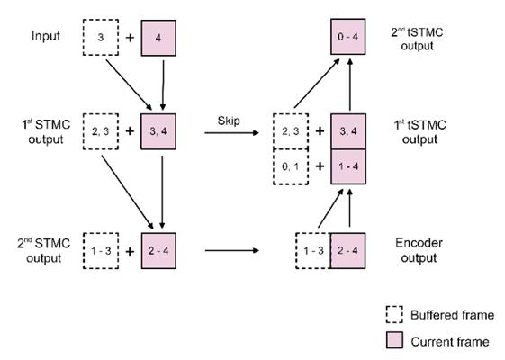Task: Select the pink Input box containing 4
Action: tap(158, 38)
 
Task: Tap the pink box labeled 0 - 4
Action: tap(348, 36)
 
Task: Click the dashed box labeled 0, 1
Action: tap(291, 166)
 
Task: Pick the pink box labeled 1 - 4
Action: tap(348, 166)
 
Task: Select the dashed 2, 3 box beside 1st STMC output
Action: tap(101, 131)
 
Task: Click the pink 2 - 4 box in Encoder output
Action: tap(347, 250)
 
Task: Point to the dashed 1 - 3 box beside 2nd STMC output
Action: tap(101, 251)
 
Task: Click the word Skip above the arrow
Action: tap(229, 121)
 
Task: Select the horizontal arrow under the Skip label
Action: tap(231, 132)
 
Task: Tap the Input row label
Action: tap(46, 36)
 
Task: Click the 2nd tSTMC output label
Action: tap(417, 39)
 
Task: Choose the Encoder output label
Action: tap(419, 250)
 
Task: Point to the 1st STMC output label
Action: tap(46, 132)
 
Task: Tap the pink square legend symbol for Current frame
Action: tap(394, 340)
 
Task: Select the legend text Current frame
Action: tap(450, 341)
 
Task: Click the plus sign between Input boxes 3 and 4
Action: tap(130, 38)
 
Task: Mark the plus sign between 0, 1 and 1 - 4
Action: tap(320, 166)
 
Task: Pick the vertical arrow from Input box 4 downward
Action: tap(163, 85)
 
